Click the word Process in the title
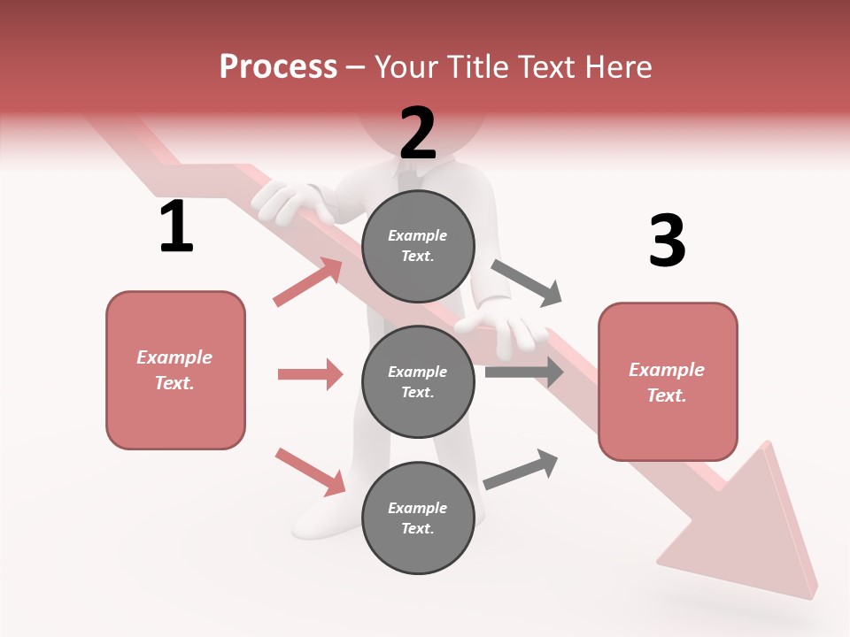(x=278, y=67)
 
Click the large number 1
(x=176, y=227)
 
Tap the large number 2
(x=418, y=133)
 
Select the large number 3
(x=667, y=241)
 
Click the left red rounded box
(x=175, y=370)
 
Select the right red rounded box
(x=668, y=382)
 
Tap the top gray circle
(x=418, y=246)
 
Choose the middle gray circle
(x=418, y=381)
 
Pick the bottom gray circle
(x=418, y=518)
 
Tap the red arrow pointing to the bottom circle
(x=310, y=472)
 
